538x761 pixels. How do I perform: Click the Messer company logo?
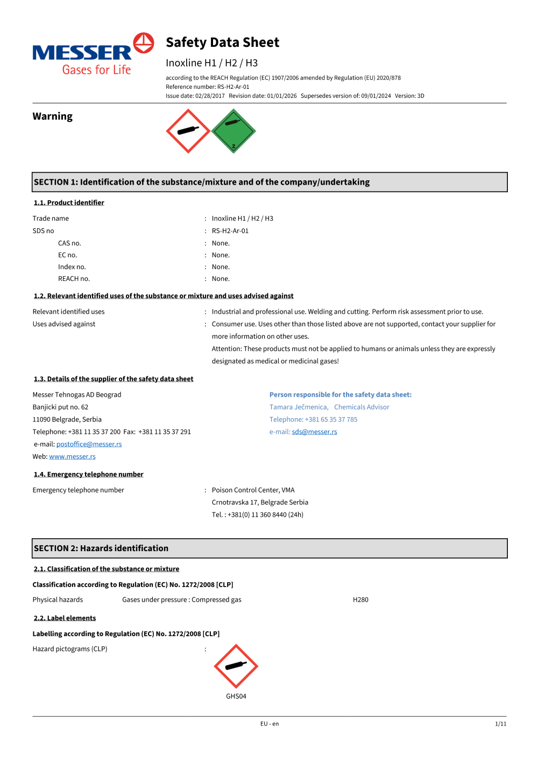[93, 54]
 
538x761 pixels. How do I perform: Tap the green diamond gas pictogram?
[233, 131]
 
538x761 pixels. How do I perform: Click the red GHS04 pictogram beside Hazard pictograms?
[236, 666]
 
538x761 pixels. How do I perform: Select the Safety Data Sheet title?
[222, 43]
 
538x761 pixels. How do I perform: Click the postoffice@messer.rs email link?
[89, 444]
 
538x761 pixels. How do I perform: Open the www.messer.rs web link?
[72, 456]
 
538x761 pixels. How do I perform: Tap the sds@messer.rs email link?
[314, 432]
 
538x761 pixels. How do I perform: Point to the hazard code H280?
[360, 600]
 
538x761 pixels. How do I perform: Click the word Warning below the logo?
[52, 116]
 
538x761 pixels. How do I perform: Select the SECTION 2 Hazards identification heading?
[101, 548]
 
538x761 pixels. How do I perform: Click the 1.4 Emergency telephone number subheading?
[89, 474]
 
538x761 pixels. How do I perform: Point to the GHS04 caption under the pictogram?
[236, 696]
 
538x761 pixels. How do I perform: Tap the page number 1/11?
[500, 724]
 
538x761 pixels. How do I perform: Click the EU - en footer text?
[270, 724]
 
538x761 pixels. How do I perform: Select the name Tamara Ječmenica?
[299, 407]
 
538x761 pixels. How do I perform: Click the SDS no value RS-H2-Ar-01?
[230, 231]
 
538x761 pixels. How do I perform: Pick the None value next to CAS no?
[221, 243]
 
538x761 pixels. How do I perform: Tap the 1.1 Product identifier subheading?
[69, 203]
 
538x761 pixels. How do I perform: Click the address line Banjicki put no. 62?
[60, 407]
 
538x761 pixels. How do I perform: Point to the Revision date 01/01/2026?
[281, 96]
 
